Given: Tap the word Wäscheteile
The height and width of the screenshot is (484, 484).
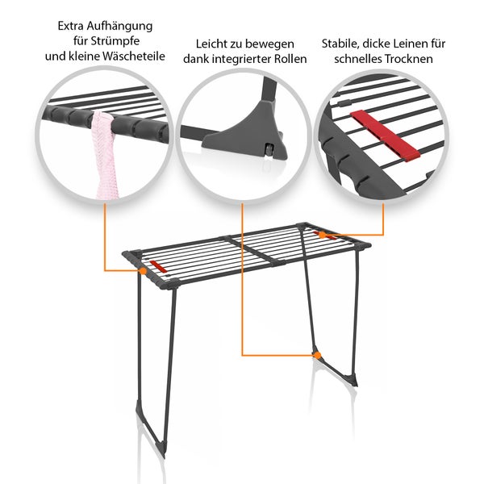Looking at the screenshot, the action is [134, 56].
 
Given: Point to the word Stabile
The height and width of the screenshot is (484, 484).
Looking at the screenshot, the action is [340, 44].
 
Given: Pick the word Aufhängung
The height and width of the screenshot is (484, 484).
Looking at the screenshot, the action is [119, 27].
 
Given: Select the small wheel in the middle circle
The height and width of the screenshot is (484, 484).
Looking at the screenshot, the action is [269, 150].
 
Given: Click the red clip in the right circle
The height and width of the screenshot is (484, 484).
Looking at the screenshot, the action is [385, 135].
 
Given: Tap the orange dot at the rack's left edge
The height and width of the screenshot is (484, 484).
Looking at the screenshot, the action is [143, 271].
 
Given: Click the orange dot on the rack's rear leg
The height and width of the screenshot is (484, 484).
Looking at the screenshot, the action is [317, 355].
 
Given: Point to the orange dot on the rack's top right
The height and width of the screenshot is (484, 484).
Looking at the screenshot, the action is [322, 236].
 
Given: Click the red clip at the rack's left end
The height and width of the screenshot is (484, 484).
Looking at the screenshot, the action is [158, 267].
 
